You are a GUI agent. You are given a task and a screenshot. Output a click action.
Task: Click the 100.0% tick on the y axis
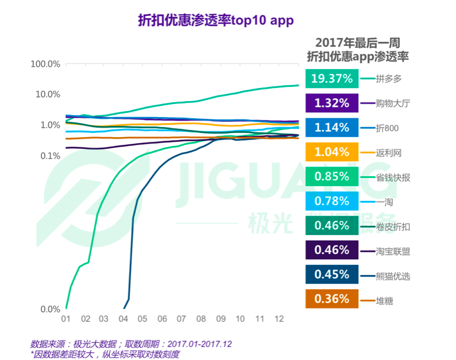tap(45, 64)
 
